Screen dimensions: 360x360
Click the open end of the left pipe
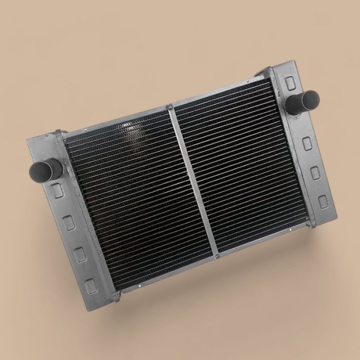(x=37, y=169)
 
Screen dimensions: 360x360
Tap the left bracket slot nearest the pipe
(x=57, y=190)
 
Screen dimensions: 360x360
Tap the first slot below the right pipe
(x=307, y=143)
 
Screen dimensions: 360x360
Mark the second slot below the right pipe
(x=315, y=173)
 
